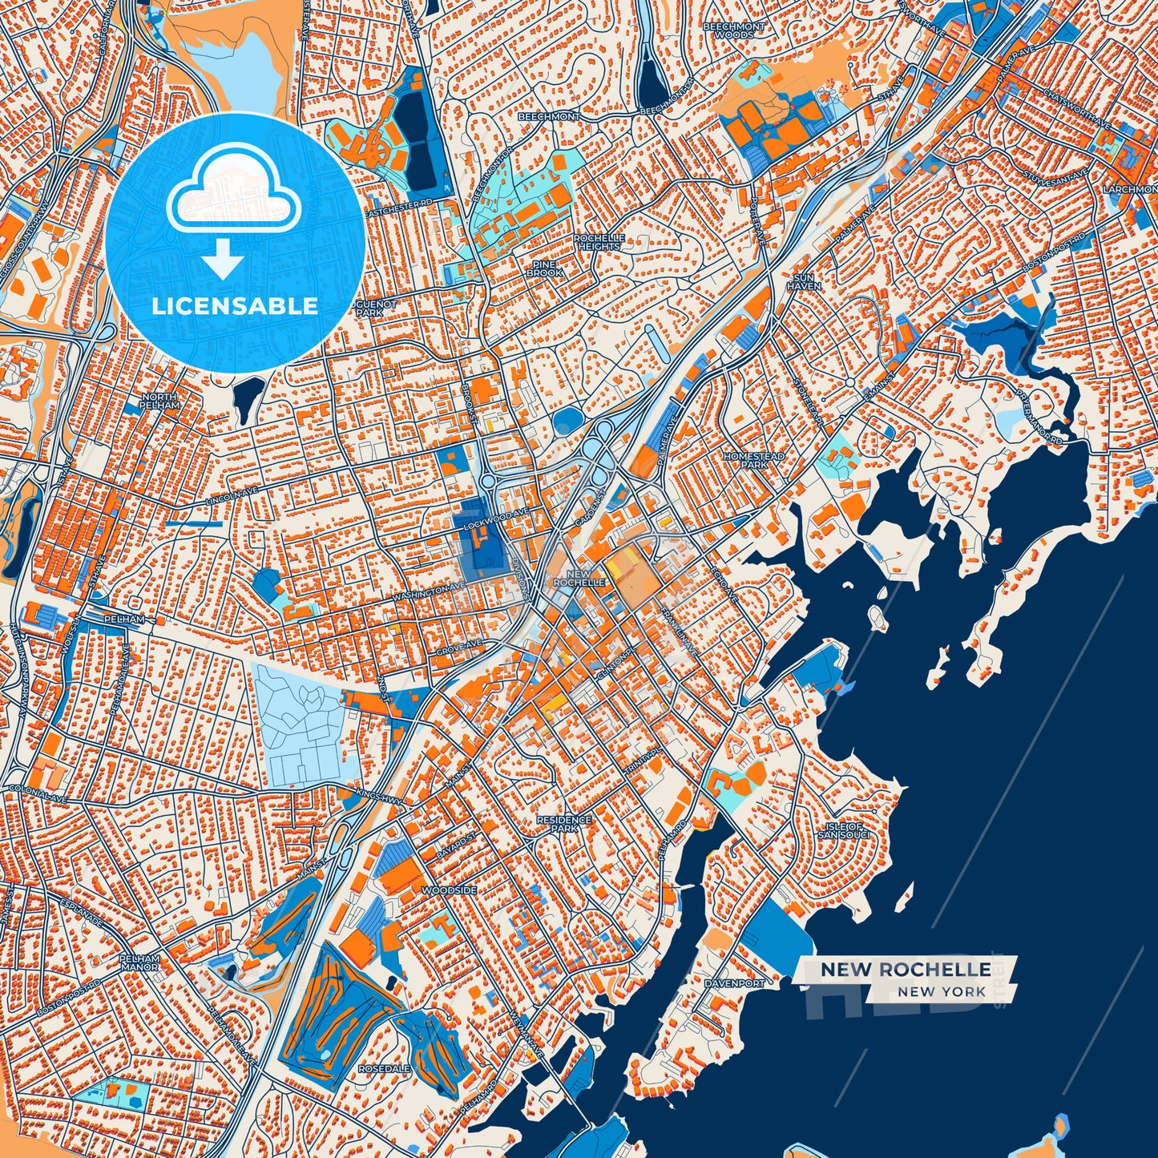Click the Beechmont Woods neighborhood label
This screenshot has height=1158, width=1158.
coord(733,30)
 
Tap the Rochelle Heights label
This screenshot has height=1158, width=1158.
coord(599,242)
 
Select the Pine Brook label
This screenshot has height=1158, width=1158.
coord(544,268)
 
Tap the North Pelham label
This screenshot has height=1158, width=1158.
coord(159,401)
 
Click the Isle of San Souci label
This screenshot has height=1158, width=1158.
coord(843,830)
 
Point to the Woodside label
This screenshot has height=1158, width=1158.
coord(449,890)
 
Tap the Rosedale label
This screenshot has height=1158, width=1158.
coord(384,1069)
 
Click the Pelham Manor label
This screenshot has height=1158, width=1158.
coord(139,962)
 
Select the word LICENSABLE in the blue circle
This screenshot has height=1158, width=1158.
coord(235,306)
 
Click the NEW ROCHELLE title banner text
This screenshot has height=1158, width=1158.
coord(905,970)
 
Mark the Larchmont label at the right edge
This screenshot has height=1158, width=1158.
coord(1130,190)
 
